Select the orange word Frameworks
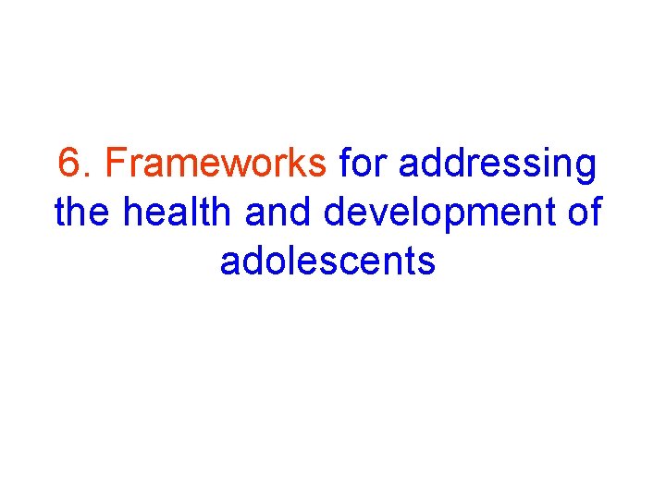[216, 164]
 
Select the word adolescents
[327, 262]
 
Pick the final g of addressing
[586, 169]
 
